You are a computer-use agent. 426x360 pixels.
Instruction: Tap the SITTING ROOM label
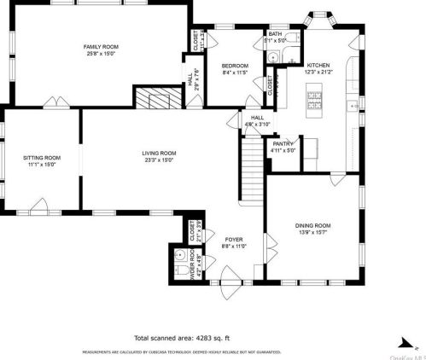pyautogui.click(x=41, y=158)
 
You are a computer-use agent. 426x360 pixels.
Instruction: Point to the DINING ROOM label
pyautogui.click(x=313, y=225)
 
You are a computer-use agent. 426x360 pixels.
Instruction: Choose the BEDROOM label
pyautogui.click(x=235, y=66)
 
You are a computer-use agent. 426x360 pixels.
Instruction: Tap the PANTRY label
pyautogui.click(x=283, y=143)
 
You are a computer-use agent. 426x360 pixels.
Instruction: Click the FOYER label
pyautogui.click(x=235, y=240)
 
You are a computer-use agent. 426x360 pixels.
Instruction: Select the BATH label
pyautogui.click(x=275, y=33)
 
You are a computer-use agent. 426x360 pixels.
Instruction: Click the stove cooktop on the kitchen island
pyautogui.click(x=314, y=103)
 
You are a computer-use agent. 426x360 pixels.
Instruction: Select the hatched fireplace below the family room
pyautogui.click(x=154, y=100)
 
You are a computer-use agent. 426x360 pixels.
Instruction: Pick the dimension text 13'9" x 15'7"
pyautogui.click(x=313, y=232)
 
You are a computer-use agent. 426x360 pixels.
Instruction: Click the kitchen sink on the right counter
pyautogui.click(x=353, y=105)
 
